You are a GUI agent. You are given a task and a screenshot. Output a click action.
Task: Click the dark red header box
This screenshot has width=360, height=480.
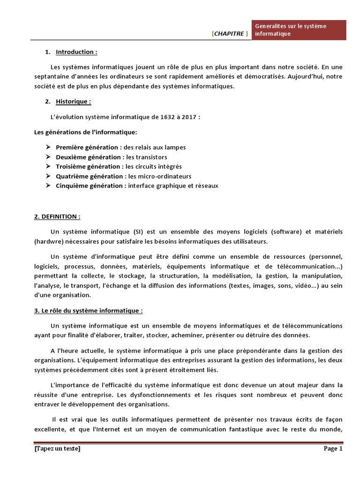coord(299,30)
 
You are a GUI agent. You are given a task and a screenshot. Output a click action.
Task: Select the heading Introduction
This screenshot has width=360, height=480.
coord(76,52)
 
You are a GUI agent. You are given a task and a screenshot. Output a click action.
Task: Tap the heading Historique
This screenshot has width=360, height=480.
coord(74,101)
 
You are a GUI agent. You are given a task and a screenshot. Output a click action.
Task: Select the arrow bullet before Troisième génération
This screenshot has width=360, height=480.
coord(48,166)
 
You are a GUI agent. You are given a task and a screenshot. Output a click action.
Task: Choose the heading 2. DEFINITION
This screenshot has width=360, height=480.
coord(58,217)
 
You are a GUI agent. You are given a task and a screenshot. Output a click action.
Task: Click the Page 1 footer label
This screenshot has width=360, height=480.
coord(333,449)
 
